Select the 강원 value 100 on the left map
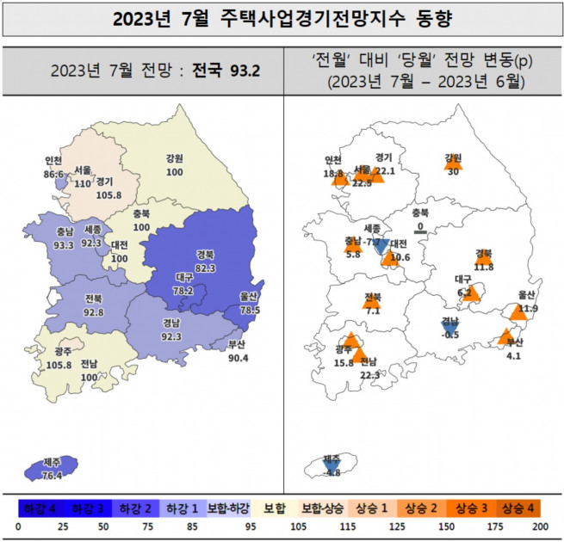point(176,173)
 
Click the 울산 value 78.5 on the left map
point(249,310)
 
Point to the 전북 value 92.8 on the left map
point(94,311)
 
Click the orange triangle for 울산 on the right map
point(518,311)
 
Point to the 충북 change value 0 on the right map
point(420,226)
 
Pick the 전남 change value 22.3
point(369,373)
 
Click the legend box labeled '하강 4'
point(40,507)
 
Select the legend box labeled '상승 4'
point(519,507)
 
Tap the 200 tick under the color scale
point(541,526)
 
